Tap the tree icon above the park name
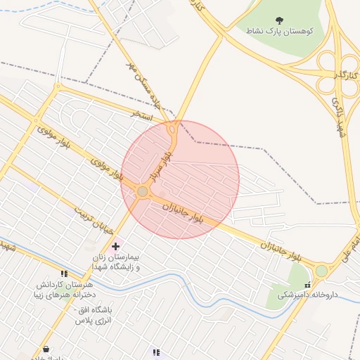coord(280,20)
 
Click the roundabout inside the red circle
coord(143,191)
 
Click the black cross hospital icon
coord(116,246)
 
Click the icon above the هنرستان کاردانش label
coord(64,274)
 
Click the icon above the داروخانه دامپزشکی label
coord(307,285)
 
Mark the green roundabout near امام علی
coord(321,271)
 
